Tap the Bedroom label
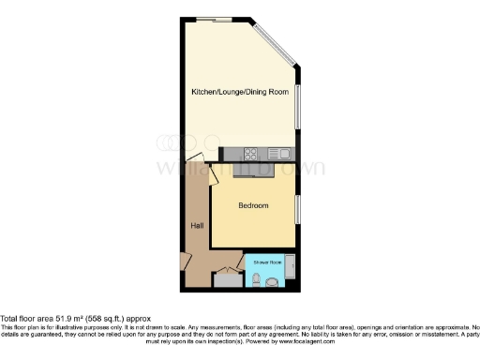coord(253,205)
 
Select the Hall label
coord(198,225)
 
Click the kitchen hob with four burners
coord(252,154)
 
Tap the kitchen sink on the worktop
coord(279,154)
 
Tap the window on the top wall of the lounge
coord(222,19)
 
